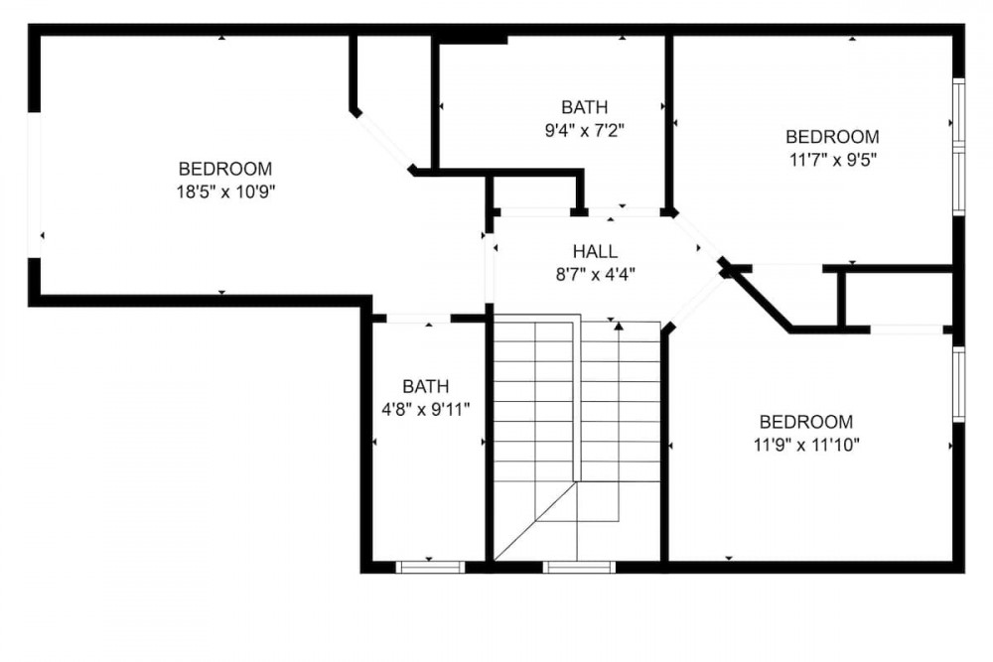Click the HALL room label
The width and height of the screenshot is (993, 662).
point(595,251)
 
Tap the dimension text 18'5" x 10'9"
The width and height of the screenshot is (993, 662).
point(225,192)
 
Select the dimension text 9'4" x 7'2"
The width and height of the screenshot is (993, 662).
point(585,130)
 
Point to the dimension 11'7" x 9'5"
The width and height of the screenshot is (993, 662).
point(833,160)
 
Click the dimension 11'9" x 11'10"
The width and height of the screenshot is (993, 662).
point(806,445)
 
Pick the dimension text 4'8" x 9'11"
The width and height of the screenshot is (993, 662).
point(426,410)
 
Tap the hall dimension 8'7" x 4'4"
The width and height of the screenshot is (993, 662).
point(595,275)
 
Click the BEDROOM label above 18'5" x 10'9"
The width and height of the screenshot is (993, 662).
point(225,169)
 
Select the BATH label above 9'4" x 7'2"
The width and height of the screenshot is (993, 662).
point(585,107)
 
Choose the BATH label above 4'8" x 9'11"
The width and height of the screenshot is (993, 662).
point(426,386)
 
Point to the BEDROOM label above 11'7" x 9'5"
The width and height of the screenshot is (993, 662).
point(833,137)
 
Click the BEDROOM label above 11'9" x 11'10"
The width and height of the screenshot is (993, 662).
point(806,422)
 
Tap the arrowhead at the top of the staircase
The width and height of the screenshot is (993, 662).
point(618,327)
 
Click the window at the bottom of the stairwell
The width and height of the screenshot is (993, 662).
point(579,567)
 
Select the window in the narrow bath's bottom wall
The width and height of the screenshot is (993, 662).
point(431,567)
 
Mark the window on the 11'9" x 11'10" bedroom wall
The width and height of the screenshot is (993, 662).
point(959,384)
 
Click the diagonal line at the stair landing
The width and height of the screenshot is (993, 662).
point(535,521)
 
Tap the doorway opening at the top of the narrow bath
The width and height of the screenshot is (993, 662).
point(418,319)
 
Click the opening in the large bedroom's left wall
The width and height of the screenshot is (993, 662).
point(34,185)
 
